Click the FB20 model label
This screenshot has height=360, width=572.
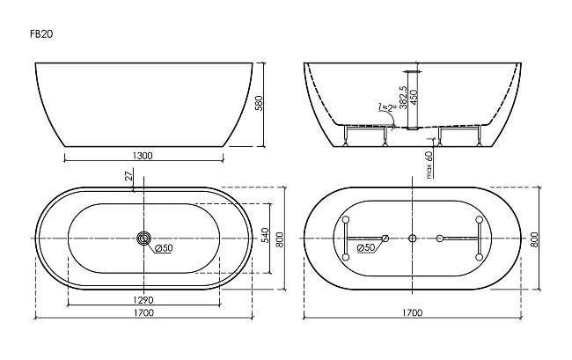coord(41,34)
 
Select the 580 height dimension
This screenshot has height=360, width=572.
coord(258,104)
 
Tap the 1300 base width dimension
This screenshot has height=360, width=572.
coord(143,156)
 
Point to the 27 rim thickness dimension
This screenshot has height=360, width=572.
coord(128,176)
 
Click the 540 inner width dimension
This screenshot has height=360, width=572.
coord(265,235)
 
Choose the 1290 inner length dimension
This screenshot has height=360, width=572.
coord(143,300)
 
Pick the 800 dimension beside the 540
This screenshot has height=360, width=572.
coord(280,239)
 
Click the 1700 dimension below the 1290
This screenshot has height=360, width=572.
coord(143,313)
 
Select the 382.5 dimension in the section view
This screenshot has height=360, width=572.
coord(403,98)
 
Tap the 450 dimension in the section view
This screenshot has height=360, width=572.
coord(414,98)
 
